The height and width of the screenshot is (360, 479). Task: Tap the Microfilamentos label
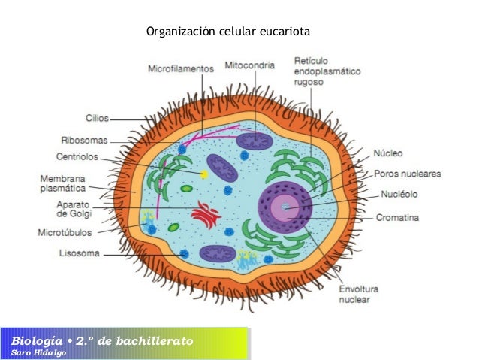click(x=181, y=67)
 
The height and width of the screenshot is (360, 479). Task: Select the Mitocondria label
click(x=253, y=65)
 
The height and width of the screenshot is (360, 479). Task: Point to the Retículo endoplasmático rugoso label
click(x=327, y=71)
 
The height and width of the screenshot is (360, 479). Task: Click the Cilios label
click(x=97, y=118)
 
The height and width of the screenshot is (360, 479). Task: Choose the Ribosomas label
click(x=84, y=140)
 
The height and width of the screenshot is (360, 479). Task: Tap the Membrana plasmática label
click(x=62, y=183)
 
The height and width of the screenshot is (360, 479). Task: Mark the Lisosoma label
click(x=79, y=253)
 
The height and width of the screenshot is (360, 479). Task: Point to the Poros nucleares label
click(x=408, y=174)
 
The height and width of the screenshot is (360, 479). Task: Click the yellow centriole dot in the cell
click(x=203, y=174)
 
